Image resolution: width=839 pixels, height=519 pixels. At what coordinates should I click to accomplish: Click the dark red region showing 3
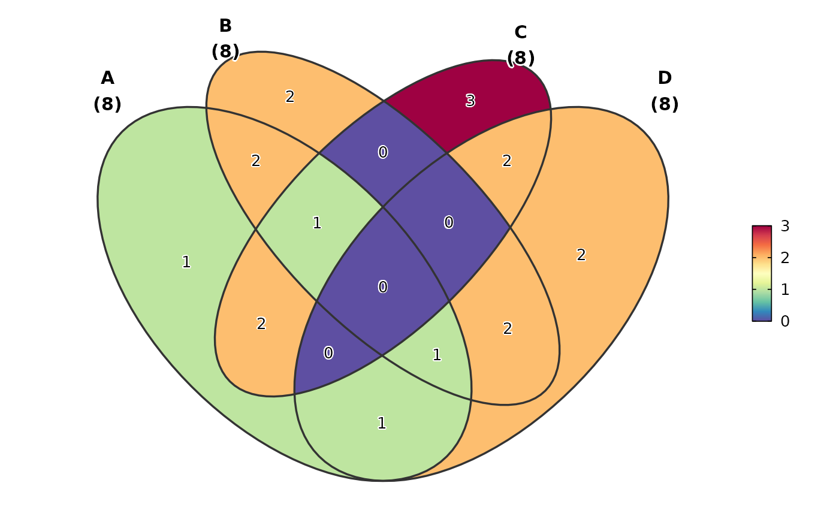tap(470, 101)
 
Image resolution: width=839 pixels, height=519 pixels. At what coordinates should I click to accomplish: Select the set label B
tap(225, 26)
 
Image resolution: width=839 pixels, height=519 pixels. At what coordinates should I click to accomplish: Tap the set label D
tap(665, 79)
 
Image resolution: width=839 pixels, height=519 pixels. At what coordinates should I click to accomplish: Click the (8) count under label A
tap(107, 104)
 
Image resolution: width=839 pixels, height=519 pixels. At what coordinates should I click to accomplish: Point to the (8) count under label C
tap(520, 58)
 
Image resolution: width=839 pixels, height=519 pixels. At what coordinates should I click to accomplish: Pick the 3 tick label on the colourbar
tap(784, 226)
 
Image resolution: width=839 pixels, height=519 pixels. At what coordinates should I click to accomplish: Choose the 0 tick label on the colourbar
tap(784, 321)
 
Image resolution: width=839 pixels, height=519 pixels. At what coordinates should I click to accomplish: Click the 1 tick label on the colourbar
tap(784, 289)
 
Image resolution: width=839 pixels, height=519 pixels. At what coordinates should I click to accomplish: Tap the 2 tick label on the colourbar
tap(784, 258)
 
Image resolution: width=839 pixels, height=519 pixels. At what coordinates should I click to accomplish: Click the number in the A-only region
tap(186, 262)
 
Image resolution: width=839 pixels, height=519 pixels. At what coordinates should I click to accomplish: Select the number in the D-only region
tap(581, 255)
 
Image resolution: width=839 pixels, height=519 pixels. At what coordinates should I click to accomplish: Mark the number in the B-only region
tap(290, 96)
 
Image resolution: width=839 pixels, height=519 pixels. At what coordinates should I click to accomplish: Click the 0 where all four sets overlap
tap(383, 287)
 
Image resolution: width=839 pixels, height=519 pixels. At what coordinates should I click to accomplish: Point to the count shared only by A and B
tap(256, 161)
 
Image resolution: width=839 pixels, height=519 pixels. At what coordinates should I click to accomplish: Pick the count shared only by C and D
tap(507, 161)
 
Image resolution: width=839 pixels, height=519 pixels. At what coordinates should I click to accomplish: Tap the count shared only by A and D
tap(382, 423)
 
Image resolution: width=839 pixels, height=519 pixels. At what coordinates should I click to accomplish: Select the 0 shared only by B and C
tap(383, 152)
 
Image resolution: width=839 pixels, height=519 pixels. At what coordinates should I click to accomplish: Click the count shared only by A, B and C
tap(317, 223)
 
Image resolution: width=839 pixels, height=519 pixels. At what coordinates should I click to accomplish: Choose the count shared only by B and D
tap(508, 328)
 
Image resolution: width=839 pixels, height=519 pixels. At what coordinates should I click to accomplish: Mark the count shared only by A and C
tap(261, 324)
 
